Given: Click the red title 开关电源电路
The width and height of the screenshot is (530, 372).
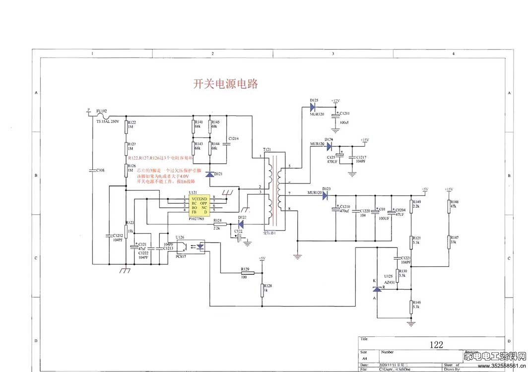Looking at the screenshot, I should click(x=225, y=83).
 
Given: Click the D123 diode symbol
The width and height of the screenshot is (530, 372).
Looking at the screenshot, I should click(x=326, y=195).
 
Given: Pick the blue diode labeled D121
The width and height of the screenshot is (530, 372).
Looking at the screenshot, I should click(x=210, y=174).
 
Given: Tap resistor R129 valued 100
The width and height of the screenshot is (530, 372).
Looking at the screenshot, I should click(x=245, y=272).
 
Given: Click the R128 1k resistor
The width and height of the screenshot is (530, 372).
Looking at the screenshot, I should click(x=262, y=290).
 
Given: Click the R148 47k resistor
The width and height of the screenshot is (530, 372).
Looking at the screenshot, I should click(x=449, y=204).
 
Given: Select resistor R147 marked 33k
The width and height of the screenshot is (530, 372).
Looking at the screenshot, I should click(x=449, y=241).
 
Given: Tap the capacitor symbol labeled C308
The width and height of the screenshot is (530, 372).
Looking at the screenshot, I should click(x=92, y=170).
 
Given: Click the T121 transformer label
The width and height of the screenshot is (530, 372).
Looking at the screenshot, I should click(x=267, y=149).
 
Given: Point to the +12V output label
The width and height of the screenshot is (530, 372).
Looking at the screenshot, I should click(x=335, y=101).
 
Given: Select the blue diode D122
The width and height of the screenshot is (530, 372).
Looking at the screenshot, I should click(x=241, y=224).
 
